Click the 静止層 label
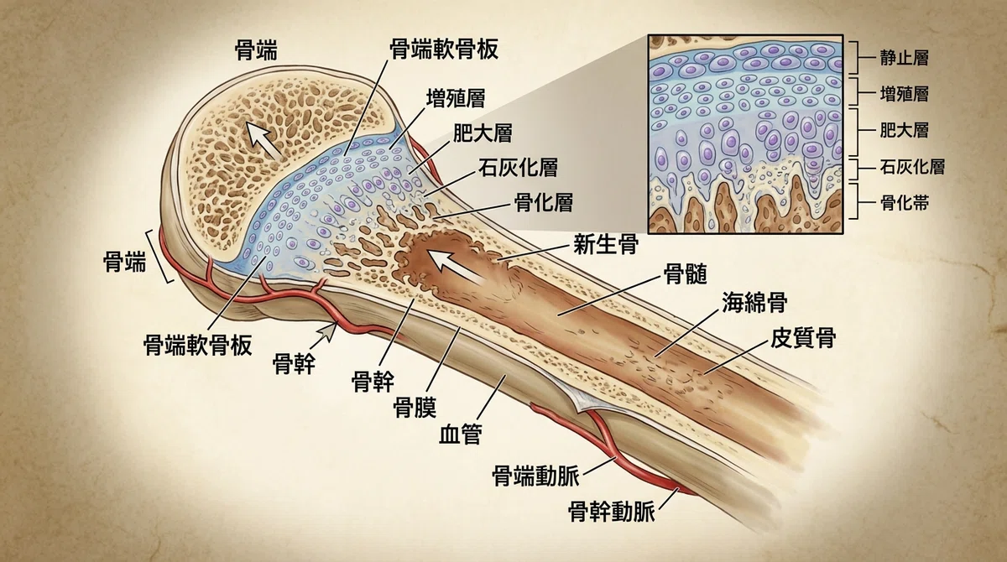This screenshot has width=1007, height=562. point(904,58)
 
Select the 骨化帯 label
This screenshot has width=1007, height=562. point(904,204)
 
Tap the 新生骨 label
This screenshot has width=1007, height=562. point(606,244)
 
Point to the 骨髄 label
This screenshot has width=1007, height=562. point(686,274)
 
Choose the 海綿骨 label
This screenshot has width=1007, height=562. point(754,302)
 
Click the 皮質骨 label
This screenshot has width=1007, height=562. point(803,338)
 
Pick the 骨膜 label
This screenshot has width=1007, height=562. point(415,408)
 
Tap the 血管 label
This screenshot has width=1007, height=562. point(461,434)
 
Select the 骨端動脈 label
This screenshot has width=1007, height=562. point(536,476)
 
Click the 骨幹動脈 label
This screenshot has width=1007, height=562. point(612,512)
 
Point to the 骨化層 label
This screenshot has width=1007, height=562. point(544,203)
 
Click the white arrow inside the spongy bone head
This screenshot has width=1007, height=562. point(263,139)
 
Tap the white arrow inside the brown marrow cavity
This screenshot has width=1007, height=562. point(456,267)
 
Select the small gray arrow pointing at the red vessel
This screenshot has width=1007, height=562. point(326,333)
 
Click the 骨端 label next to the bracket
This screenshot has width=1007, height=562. point(124,262)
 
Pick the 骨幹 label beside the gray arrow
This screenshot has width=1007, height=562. point(294,364)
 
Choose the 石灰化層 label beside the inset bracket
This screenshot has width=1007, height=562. point(912,167)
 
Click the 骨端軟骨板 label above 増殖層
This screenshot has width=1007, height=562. point(444,49)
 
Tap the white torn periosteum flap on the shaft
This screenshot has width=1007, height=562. point(570,395)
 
